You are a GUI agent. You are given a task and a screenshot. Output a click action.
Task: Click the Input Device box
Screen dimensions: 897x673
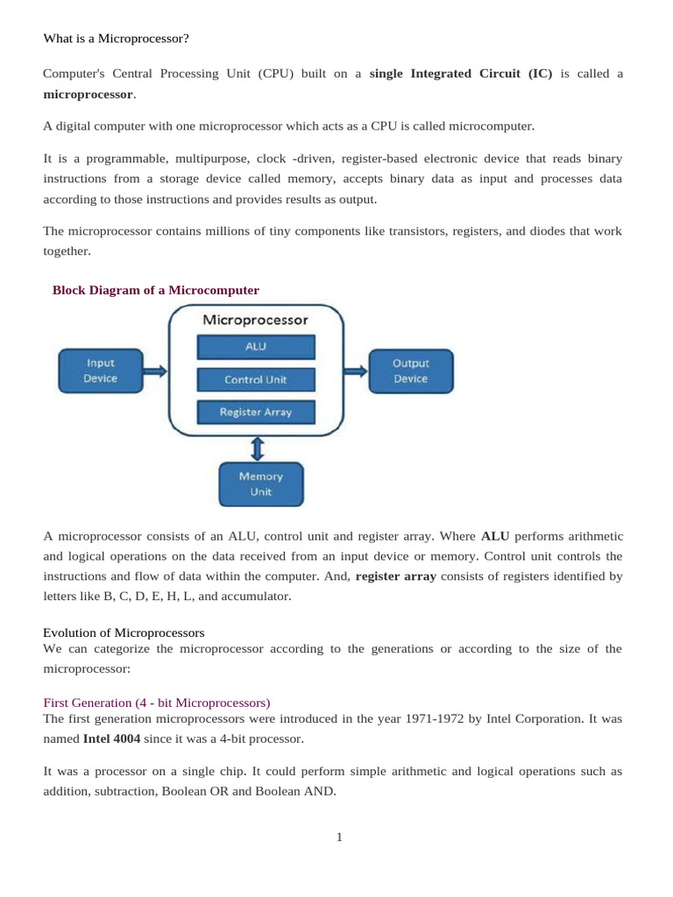(x=100, y=371)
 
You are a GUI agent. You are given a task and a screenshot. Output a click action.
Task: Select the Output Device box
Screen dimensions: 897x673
(x=410, y=371)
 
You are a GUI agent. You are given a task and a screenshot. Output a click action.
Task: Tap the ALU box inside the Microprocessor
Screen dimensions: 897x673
(x=256, y=347)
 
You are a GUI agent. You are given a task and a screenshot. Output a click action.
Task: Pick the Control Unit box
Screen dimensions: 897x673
(x=256, y=380)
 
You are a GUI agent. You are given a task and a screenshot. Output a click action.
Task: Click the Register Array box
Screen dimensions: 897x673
(x=256, y=412)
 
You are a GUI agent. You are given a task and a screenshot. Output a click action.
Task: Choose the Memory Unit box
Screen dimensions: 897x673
(x=261, y=484)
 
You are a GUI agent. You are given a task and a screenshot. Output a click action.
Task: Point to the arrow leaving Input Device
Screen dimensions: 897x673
(x=154, y=371)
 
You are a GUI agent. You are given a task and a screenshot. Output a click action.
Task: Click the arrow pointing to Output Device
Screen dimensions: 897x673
(x=355, y=371)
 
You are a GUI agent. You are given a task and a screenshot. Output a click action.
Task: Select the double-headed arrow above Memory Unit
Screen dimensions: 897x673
(x=257, y=448)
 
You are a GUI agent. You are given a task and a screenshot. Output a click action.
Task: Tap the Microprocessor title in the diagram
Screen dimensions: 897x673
(x=256, y=320)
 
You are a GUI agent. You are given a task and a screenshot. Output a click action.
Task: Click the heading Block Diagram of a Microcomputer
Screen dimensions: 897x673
(x=156, y=290)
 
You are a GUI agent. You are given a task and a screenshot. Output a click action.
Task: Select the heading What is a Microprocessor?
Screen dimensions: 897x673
(x=117, y=39)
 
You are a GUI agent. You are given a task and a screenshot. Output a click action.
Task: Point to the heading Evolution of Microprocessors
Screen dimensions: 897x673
(x=124, y=632)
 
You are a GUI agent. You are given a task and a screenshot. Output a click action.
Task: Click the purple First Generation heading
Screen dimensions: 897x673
(x=157, y=703)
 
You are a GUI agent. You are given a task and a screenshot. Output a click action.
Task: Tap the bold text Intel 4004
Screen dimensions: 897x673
(x=111, y=738)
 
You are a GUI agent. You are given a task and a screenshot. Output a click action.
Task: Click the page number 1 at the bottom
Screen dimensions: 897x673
(x=339, y=837)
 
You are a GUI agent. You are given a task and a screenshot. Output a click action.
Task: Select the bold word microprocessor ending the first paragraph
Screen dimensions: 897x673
(x=89, y=94)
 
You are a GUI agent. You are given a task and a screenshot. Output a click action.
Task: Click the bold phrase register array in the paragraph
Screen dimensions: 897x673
(x=395, y=576)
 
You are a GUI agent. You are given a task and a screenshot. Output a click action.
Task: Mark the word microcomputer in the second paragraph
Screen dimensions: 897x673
(x=491, y=126)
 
